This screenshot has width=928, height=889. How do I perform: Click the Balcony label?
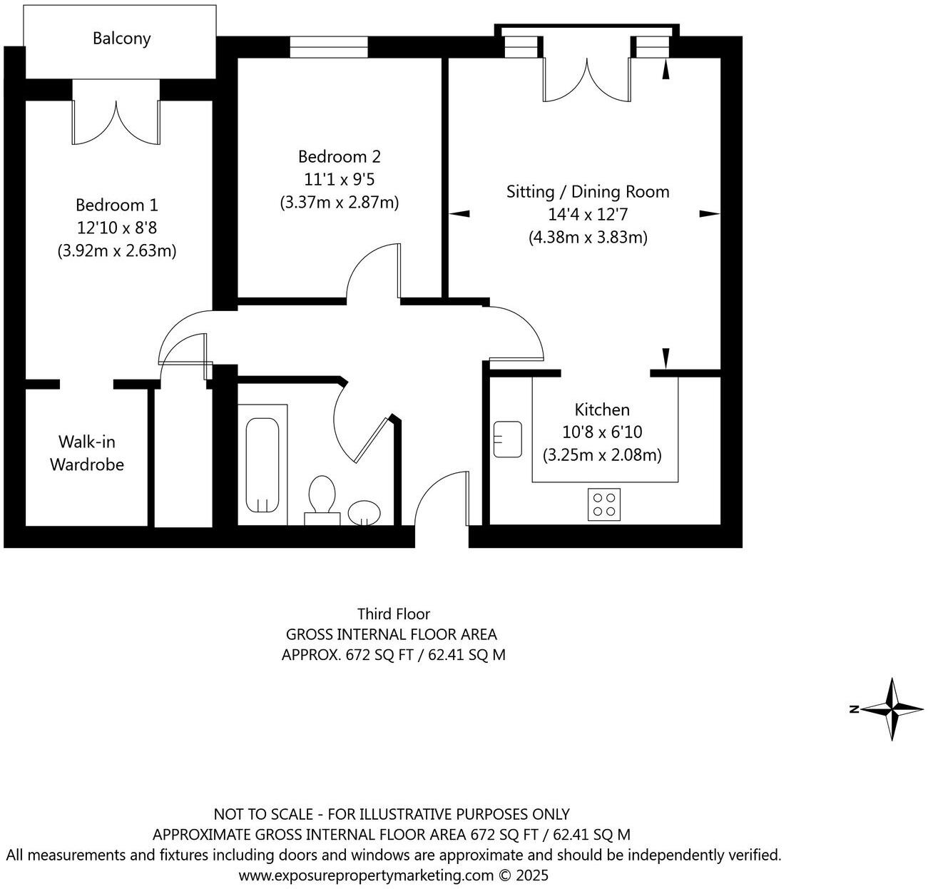tap(121, 39)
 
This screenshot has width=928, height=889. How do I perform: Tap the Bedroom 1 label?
tap(117, 205)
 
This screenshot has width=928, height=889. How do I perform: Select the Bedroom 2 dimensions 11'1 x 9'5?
tap(340, 179)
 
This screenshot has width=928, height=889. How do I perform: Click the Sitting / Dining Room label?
tap(588, 191)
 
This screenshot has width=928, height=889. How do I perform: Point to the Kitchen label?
tap(602, 410)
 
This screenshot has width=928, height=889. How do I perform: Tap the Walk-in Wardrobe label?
tap(86, 453)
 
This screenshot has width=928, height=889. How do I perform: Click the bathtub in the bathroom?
tap(262, 464)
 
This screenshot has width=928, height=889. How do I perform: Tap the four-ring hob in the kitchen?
tap(604, 504)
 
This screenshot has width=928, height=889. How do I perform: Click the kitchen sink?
tap(507, 439)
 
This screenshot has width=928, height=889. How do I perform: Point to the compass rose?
tap(892, 708)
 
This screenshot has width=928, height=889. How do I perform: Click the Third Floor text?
tap(394, 614)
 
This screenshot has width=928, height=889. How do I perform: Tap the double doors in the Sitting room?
tap(588, 78)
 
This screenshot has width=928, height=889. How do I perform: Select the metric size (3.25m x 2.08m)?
tap(602, 454)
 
